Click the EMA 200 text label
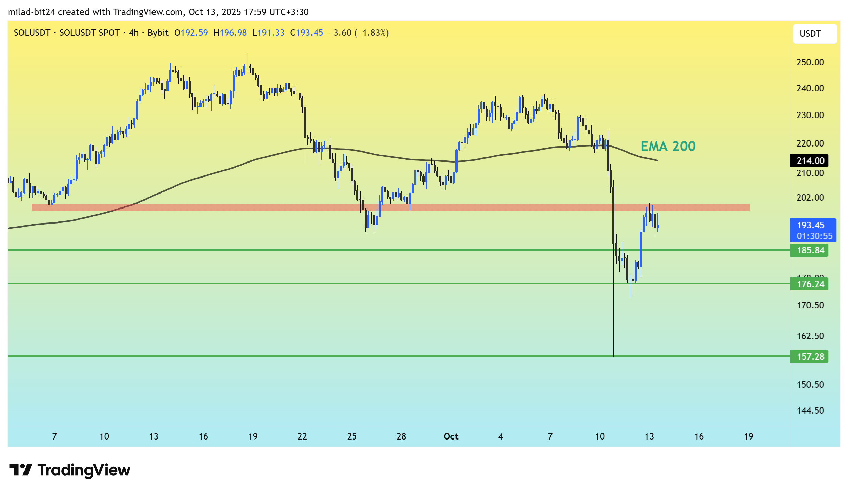tap(668, 146)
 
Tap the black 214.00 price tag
tap(810, 160)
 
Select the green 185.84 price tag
tap(810, 250)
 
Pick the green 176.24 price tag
tap(810, 284)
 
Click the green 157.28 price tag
tap(810, 356)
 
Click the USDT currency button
tap(814, 34)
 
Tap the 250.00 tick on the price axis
tap(810, 62)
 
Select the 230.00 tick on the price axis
tap(810, 115)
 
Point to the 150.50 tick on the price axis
tap(810, 385)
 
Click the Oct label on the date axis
tap(451, 436)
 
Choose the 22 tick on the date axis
tap(302, 436)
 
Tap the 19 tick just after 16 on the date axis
tap(748, 436)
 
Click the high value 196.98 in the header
tap(233, 33)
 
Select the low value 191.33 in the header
tap(271, 33)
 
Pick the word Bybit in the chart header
tap(158, 33)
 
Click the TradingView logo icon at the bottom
tap(20, 470)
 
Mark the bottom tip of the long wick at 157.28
tap(613, 356)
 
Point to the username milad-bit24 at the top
tap(32, 12)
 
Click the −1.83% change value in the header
tap(372, 33)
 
